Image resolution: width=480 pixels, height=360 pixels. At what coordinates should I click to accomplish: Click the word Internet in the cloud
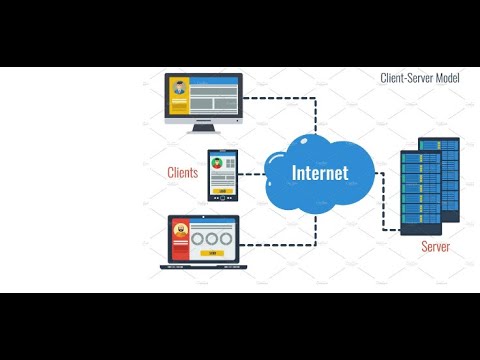[319, 172]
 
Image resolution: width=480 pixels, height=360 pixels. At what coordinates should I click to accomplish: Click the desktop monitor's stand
[204, 126]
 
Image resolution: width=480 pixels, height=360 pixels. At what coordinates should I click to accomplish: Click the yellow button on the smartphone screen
[221, 188]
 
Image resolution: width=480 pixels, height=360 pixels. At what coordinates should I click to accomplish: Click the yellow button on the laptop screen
[211, 254]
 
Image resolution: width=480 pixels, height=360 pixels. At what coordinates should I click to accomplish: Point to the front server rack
[415, 192]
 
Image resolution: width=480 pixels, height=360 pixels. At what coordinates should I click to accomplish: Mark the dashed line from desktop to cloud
[290, 97]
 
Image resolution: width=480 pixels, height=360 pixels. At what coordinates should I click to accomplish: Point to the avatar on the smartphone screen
[221, 164]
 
